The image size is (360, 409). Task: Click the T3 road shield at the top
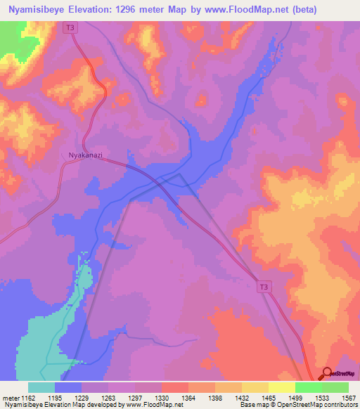(x=68, y=27)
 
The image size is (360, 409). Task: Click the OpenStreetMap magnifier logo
(x=328, y=373)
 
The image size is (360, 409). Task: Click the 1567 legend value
(x=348, y=398)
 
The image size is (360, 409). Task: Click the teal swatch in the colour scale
(x=41, y=387)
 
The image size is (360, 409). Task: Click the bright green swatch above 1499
(x=308, y=387)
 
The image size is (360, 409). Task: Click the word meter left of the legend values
(x=9, y=398)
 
